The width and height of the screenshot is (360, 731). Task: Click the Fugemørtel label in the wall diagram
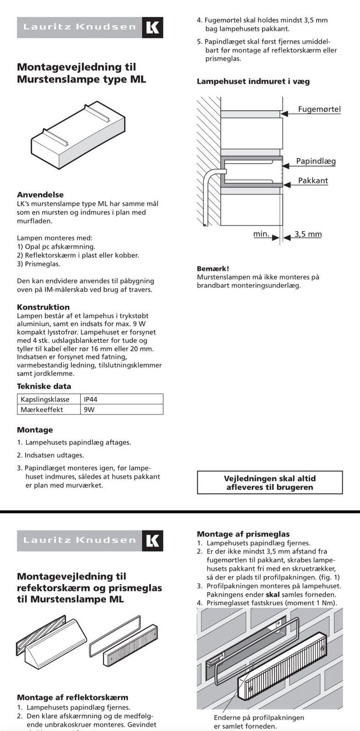319,109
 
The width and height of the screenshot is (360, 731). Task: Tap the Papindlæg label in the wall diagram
316,161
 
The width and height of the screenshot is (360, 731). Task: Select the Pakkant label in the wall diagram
313,180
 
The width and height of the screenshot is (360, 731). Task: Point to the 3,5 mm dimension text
308,234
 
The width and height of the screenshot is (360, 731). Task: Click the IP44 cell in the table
90,399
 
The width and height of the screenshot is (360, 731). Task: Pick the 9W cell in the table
89,409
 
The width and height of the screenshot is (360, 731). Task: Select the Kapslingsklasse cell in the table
45,399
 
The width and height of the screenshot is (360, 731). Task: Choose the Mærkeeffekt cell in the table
42,409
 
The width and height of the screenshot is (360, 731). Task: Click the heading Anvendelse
40,194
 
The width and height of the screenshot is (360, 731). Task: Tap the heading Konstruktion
43,307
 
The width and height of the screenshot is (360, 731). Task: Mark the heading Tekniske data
44,386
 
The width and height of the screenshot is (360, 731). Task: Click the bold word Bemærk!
213,269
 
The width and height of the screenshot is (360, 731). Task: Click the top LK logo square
153,27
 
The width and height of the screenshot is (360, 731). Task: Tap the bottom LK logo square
153,541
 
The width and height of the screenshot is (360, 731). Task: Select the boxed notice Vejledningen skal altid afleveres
270,482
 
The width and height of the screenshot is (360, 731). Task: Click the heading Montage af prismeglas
243,534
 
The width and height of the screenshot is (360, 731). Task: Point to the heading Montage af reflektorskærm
72,697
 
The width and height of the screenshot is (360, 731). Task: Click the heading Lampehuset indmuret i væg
253,81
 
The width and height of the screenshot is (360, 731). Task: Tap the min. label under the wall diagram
261,234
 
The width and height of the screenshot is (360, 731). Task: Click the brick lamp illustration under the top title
78,136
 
